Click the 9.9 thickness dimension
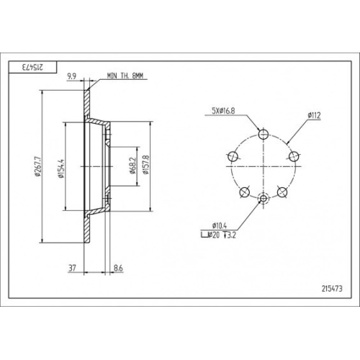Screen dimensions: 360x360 coord(72,76)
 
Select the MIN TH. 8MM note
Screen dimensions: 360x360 coord(125,76)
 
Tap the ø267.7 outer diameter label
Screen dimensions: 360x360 coord(38,166)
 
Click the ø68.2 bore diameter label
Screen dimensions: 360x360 coord(132,166)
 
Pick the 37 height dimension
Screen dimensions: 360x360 coord(72,268)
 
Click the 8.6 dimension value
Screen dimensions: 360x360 coord(118,268)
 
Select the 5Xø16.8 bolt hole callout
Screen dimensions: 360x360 coord(223,111)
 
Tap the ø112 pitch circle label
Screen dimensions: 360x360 coord(314,115)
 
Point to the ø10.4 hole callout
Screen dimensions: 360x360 coord(220,225)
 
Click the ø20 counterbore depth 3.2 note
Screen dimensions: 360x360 coord(218,235)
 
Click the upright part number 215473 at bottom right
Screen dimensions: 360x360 coord(332,289)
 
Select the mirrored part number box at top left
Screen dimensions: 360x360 coord(32,67)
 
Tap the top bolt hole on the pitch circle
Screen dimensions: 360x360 coord(264,134)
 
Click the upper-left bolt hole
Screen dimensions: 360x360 coord(233,156)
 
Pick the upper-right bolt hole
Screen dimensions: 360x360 coord(294,156)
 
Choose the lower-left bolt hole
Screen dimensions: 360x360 coord(245,192)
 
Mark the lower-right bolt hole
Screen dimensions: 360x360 coord(282,192)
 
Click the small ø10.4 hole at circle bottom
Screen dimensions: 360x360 coord(264,199)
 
